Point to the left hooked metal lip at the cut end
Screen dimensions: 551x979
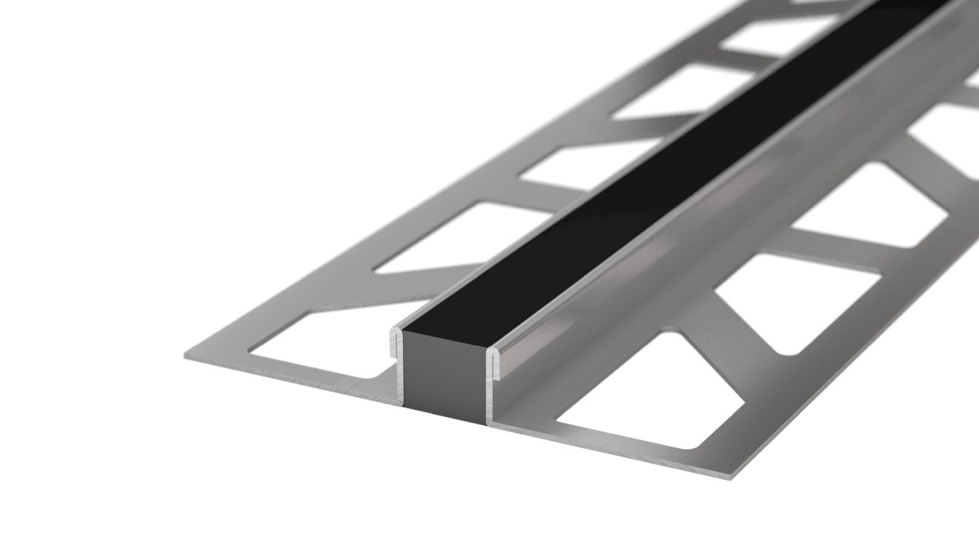point(396,351)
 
